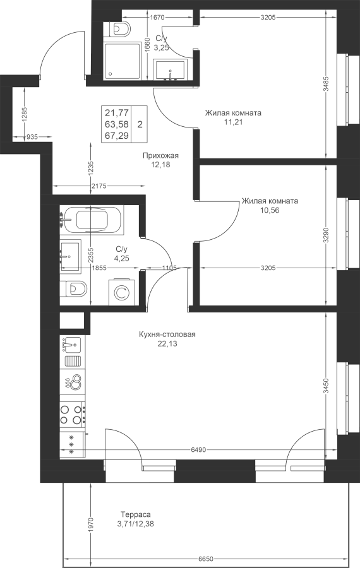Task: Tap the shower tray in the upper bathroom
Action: (x=122, y=61)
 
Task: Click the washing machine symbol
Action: (x=121, y=292)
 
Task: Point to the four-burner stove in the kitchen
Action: (x=73, y=414)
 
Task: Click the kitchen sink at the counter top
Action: (x=71, y=343)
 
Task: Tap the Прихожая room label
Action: (x=160, y=156)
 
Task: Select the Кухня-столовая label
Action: (x=167, y=334)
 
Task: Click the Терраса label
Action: (x=136, y=514)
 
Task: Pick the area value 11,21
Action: (x=233, y=122)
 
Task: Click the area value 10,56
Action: (x=270, y=210)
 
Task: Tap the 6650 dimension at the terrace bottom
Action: (x=206, y=559)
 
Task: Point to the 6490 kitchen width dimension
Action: (x=198, y=449)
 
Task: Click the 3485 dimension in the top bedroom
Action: (x=327, y=85)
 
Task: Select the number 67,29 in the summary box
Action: (x=117, y=136)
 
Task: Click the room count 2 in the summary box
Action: (x=140, y=124)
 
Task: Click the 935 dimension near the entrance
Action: (x=32, y=136)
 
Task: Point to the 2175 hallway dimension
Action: (x=99, y=186)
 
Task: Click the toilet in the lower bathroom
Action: (x=74, y=288)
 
